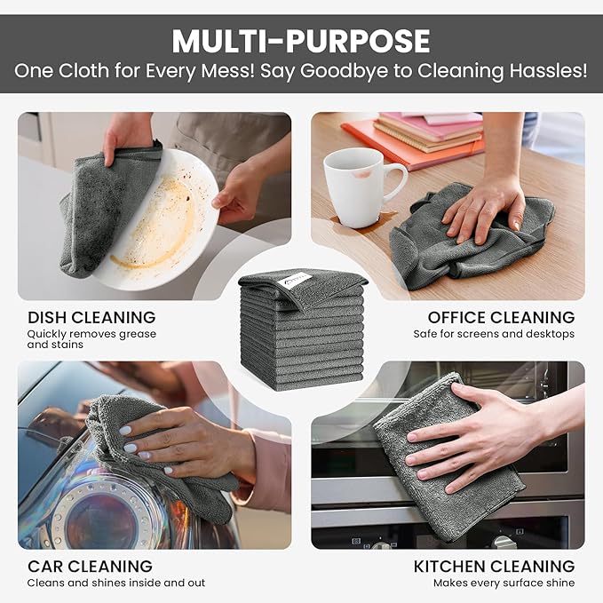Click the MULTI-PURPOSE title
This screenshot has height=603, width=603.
point(301,41)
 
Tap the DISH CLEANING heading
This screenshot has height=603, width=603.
point(91,317)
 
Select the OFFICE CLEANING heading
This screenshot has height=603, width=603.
point(501,317)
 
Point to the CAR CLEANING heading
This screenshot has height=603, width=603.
point(90,566)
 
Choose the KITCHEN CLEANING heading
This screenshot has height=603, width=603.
point(494,566)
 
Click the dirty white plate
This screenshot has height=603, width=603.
point(169,222)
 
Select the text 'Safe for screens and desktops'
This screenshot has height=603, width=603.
point(494,334)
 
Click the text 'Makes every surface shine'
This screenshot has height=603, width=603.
point(504,583)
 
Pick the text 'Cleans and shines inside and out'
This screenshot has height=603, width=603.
point(116,583)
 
